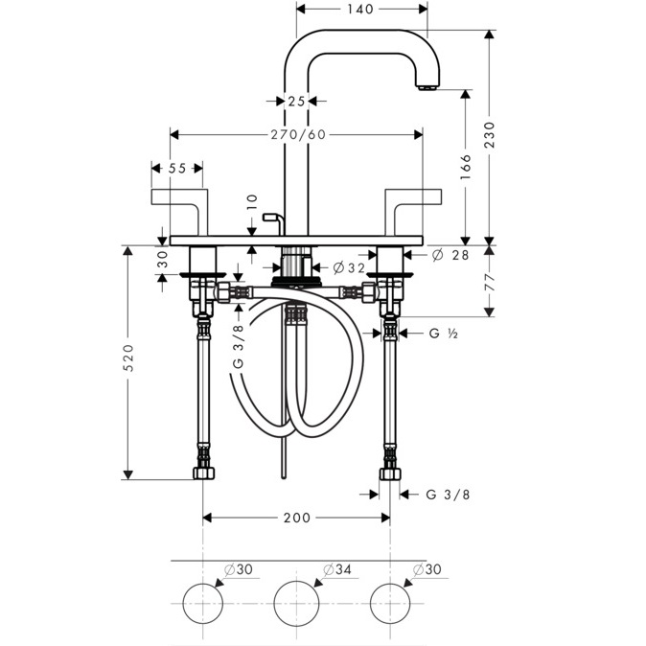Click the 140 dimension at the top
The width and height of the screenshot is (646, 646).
tap(359, 9)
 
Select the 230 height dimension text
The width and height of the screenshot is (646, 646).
tap(490, 135)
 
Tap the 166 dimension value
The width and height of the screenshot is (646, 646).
tap(466, 167)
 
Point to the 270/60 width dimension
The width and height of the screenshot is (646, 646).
tap(298, 134)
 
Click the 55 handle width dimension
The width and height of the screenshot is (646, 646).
tap(177, 168)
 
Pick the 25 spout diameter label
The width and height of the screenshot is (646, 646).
tap(296, 101)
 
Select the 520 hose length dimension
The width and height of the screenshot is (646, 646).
tap(129, 358)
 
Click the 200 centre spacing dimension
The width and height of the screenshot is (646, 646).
tap(296, 518)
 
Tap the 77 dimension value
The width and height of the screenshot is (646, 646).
tap(490, 282)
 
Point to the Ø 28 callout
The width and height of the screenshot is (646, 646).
tap(450, 255)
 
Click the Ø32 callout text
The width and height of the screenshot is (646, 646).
tap(349, 268)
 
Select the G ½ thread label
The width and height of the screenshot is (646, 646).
tap(444, 333)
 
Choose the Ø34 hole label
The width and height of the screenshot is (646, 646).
tap(337, 569)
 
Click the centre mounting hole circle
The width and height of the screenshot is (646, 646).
tap(296, 603)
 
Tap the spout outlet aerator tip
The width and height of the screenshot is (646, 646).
tap(428, 87)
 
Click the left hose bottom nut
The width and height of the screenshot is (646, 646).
tap(204, 473)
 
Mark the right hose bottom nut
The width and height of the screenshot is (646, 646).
tap(390, 473)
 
